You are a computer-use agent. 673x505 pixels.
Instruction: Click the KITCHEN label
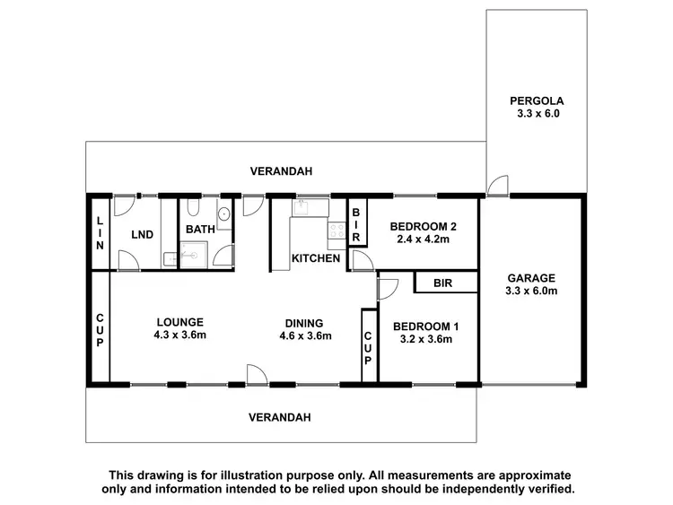coord(316,258)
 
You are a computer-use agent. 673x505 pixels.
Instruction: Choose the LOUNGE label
coord(179,322)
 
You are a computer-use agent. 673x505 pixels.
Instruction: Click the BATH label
coord(200,230)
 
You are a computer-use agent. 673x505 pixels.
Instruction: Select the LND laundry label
coord(142,235)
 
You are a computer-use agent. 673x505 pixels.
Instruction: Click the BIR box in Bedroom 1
coord(442,283)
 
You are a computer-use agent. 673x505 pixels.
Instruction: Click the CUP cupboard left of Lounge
coord(99,329)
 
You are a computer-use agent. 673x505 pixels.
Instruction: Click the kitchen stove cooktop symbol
coord(337,236)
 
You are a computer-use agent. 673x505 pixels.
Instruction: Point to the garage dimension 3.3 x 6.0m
coord(532,291)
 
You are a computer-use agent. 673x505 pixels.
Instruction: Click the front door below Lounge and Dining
coord(256,375)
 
